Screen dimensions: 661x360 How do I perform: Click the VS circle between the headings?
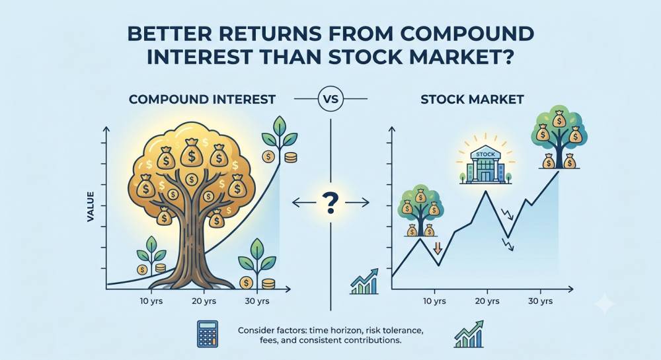coord(330,99)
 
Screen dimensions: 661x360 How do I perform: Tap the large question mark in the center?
coord(330,203)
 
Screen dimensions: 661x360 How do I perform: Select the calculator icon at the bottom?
coord(208,334)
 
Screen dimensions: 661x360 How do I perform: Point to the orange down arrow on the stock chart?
coord(438,248)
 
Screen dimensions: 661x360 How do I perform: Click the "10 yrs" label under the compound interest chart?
coord(151,301)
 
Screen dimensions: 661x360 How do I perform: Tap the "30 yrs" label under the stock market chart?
coord(541,301)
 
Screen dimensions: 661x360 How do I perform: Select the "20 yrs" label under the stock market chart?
coord(487,301)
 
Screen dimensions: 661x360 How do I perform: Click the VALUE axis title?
coord(90,206)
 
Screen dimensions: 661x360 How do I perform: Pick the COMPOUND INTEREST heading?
coord(202,99)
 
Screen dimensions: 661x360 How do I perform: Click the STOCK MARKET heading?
coord(472,99)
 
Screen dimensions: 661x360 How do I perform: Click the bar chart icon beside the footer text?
coord(469,334)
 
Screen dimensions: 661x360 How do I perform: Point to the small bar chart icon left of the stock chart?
coord(364,281)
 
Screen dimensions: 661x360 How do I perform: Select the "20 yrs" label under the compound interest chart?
coord(204,301)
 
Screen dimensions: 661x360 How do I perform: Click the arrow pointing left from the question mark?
coord(304,203)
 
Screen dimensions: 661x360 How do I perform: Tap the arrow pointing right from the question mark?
coord(357,203)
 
